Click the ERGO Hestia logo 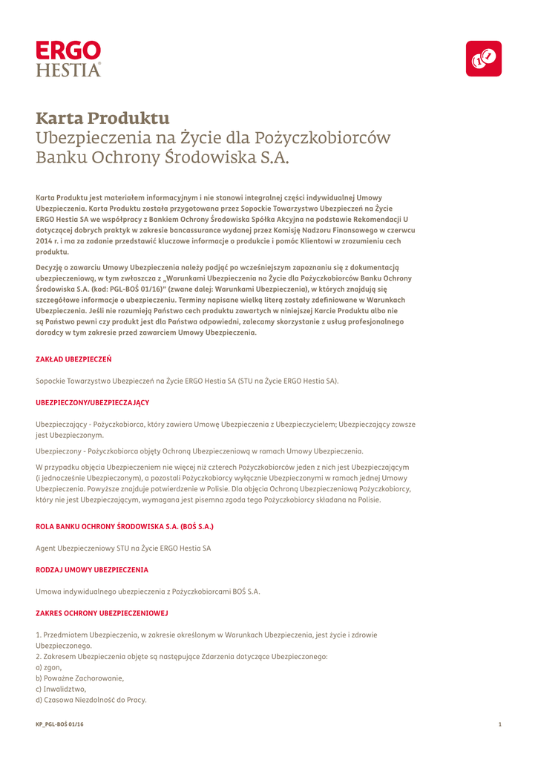click(68, 59)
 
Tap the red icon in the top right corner click(483, 59)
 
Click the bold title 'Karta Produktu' click(103, 118)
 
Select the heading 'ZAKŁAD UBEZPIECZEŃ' click(73, 359)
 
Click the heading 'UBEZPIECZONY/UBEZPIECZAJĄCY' click(93, 402)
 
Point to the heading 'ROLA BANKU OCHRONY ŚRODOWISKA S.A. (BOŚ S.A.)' click(125, 526)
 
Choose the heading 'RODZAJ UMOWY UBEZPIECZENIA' click(92, 569)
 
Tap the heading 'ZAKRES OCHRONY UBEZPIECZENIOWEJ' click(102, 613)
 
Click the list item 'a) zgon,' click(49, 667)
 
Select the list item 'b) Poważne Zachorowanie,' click(80, 678)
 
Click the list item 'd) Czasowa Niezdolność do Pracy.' click(91, 700)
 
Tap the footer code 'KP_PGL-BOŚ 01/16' click(60, 724)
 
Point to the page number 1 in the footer click(500, 724)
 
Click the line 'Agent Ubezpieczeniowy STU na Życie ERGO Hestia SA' click(123, 548)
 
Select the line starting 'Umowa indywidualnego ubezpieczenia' click(148, 592)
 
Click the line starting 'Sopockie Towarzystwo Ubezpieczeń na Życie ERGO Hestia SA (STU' click(187, 381)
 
